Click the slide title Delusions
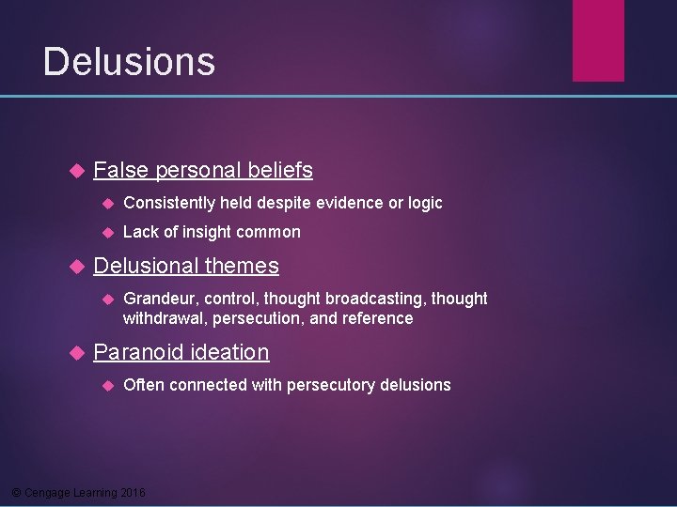click(x=129, y=62)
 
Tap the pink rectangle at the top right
click(x=599, y=39)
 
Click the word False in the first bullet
click(x=121, y=170)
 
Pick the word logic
click(x=424, y=204)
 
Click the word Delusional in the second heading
click(x=146, y=267)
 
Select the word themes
click(x=242, y=267)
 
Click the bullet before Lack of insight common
click(x=108, y=233)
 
